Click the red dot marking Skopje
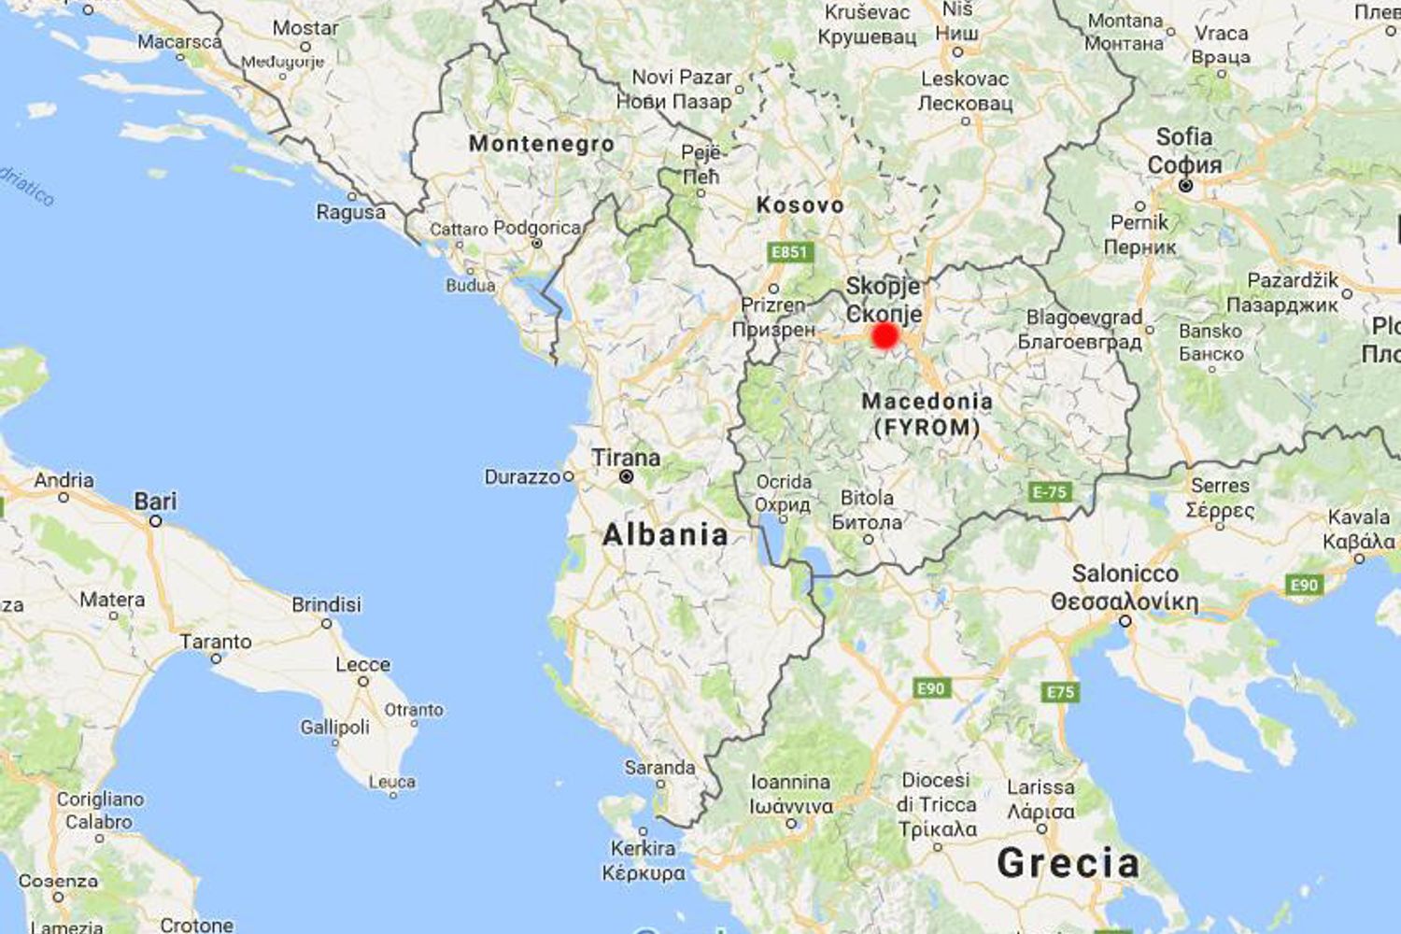884,335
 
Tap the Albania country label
665,534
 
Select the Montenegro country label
542,144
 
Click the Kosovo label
800,205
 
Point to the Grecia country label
1068,863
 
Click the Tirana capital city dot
627,477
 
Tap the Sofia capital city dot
1185,186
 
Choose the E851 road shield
788,251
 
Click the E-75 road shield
1049,492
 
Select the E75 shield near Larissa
1060,692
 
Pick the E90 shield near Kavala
1304,586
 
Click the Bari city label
155,502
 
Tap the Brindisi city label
326,604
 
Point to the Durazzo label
522,477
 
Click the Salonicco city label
1125,573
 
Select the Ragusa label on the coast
350,212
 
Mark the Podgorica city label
537,228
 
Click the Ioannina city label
790,782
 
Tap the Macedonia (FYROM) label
927,414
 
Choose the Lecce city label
362,664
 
